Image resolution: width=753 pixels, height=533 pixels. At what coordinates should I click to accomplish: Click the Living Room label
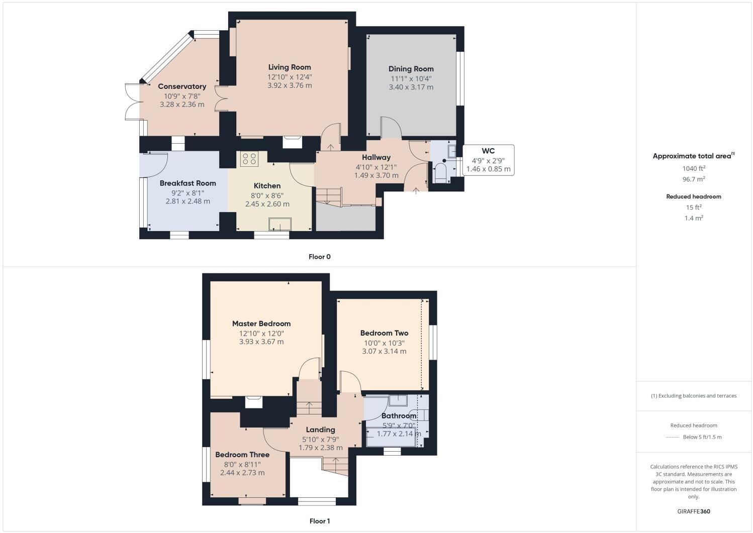289,67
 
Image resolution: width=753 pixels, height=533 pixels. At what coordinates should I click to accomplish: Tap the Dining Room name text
411,69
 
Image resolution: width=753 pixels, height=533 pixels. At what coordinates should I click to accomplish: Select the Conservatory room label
182,86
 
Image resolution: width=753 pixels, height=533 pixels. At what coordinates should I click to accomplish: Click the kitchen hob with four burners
249,159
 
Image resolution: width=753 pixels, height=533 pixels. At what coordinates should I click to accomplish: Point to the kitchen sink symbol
280,224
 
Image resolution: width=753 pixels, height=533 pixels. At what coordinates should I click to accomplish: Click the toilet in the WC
440,173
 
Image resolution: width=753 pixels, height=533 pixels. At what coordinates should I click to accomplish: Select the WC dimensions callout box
488,160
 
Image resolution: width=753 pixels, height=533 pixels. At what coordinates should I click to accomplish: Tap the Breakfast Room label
187,183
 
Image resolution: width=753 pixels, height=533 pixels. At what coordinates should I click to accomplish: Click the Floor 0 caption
319,257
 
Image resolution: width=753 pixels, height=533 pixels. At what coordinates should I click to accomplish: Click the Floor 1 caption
319,521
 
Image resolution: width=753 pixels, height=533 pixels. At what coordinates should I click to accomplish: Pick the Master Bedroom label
261,324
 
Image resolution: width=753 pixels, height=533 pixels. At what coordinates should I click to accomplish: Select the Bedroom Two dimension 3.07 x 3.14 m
384,351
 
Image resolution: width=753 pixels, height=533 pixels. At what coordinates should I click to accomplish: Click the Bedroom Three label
242,455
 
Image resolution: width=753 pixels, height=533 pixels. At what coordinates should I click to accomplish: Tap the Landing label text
320,430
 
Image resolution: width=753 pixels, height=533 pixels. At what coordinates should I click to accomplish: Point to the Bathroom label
399,416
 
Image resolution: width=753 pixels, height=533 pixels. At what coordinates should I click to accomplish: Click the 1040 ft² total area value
693,168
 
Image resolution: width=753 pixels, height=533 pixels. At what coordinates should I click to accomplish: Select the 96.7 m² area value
693,179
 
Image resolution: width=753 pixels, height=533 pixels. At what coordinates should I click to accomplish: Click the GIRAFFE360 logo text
693,511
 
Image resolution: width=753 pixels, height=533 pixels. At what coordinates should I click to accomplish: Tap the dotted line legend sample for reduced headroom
672,437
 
